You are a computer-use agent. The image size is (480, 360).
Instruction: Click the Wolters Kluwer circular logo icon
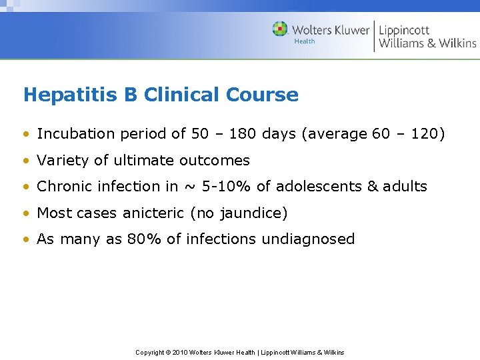pyautogui.click(x=280, y=29)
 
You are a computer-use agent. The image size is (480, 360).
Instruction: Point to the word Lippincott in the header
pyautogui.click(x=404, y=31)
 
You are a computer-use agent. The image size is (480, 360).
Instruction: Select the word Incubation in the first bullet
pyautogui.click(x=75, y=133)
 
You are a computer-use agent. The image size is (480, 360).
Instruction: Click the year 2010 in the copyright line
pyautogui.click(x=181, y=352)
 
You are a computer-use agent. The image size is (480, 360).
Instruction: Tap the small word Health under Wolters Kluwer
pyautogui.click(x=304, y=41)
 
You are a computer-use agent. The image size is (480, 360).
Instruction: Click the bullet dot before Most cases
pyautogui.click(x=27, y=214)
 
